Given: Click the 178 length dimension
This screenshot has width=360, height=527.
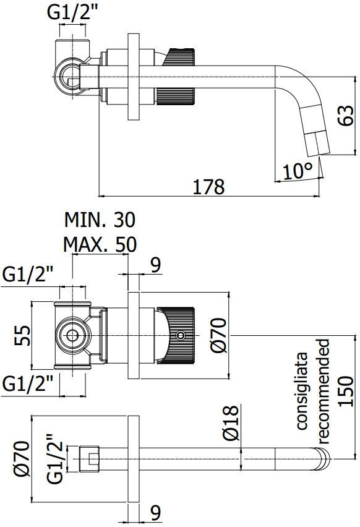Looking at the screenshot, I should coord(208,186).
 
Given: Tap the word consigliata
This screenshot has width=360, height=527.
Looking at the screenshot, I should coord(302,391).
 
